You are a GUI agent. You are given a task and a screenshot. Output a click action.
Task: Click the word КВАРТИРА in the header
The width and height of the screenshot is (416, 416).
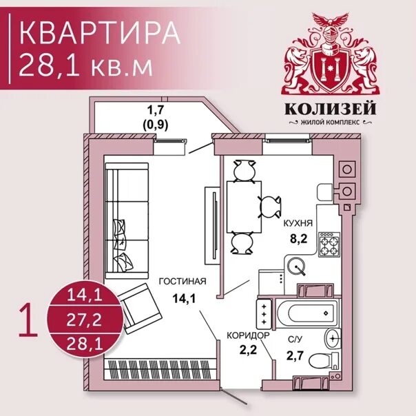pyautogui.click(x=96, y=33)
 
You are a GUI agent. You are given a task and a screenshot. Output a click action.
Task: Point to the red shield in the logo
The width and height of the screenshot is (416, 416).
pyautogui.click(x=327, y=65)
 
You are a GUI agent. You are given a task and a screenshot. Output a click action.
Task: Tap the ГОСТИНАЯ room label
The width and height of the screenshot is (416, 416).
pyautogui.click(x=183, y=282)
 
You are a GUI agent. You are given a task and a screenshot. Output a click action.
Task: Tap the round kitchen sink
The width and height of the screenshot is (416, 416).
pyautogui.click(x=298, y=264)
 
